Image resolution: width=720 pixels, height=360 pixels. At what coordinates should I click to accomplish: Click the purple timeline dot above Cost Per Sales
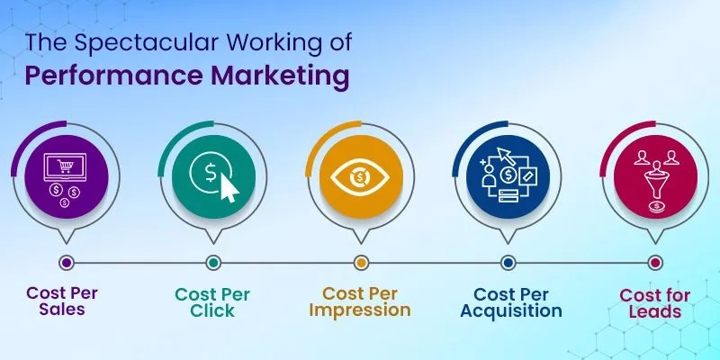[66, 263]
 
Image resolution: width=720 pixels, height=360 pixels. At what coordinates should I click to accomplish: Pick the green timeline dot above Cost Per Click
[213, 263]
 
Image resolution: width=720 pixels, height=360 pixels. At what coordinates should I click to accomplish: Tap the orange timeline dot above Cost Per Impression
[361, 263]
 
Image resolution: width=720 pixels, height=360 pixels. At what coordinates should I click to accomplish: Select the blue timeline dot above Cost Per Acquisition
[508, 263]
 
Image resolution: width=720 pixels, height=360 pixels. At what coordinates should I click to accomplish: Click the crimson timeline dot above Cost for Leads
[655, 263]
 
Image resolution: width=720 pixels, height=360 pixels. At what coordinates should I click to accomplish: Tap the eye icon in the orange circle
[360, 176]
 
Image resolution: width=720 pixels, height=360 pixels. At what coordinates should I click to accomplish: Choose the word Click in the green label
[212, 310]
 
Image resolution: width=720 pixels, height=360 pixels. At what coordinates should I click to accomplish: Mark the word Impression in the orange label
[360, 310]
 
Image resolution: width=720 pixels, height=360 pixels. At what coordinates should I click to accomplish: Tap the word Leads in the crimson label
[655, 312]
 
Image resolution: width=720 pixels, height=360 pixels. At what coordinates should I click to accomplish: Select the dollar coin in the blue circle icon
[509, 172]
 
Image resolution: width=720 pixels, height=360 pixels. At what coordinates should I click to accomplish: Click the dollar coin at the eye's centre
[360, 176]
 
